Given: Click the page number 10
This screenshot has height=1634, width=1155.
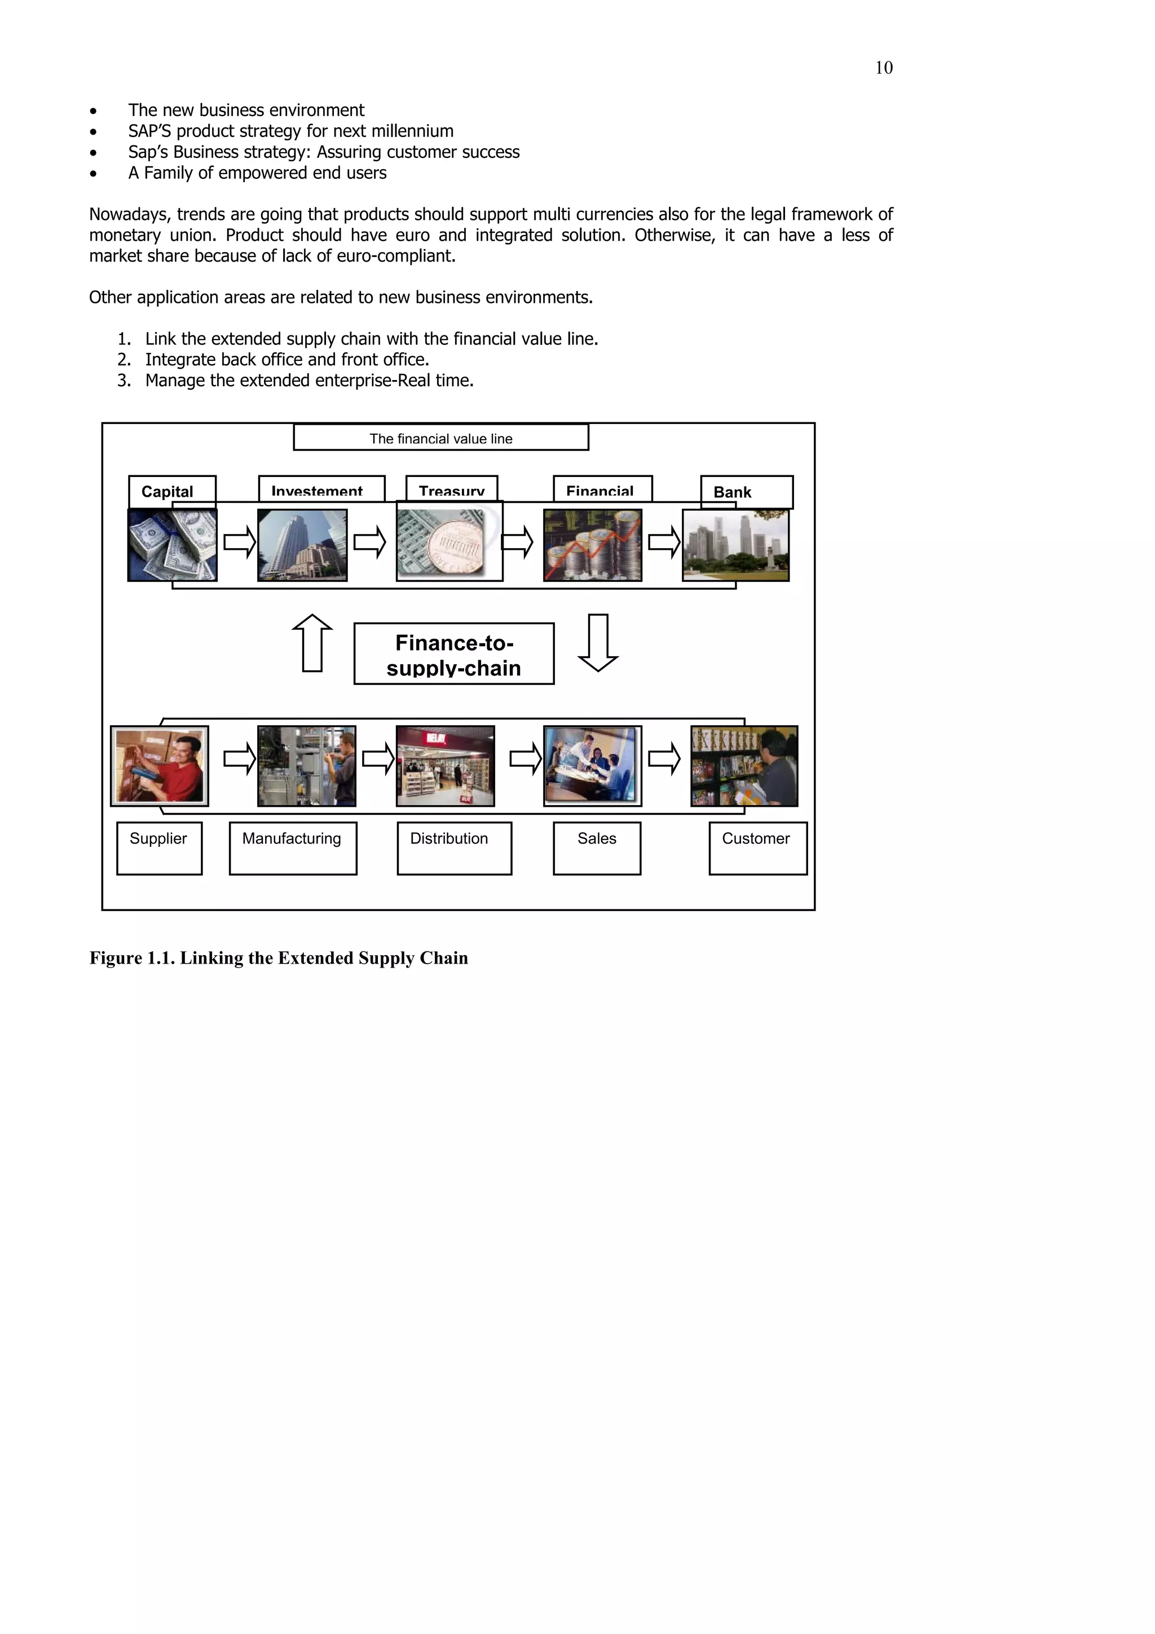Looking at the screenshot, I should tap(883, 68).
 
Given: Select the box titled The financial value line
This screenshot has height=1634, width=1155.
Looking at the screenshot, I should tap(440, 438).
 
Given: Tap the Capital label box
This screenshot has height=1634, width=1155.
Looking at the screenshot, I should tap(171, 491).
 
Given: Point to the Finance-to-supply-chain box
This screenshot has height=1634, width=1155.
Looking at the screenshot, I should tap(453, 654).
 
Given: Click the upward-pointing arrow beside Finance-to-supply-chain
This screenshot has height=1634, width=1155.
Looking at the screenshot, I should tap(312, 643).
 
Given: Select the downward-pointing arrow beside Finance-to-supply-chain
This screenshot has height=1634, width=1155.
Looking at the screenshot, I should tap(598, 643).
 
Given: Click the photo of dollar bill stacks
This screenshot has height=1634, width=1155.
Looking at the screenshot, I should tap(172, 545).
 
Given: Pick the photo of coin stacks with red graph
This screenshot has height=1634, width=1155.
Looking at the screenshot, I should tap(592, 545).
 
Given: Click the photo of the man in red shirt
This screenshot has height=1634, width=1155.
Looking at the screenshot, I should tap(160, 766).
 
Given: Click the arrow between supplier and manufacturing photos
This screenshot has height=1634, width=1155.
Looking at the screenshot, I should tap(239, 759).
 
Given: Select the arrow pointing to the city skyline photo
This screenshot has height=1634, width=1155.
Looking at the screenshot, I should tap(663, 543).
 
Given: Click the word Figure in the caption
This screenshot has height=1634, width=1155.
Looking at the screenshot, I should tap(115, 958).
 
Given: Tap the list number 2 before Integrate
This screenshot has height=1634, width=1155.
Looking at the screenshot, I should tap(124, 359).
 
